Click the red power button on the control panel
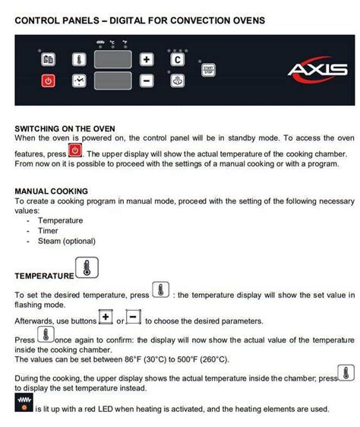point(49,80)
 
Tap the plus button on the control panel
point(147,59)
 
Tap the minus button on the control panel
point(147,80)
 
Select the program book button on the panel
point(49,59)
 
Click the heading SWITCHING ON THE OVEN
point(65,128)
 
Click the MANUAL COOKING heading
point(52,191)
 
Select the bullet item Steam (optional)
point(67,242)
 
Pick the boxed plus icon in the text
point(106,317)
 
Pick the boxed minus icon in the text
point(134,317)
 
